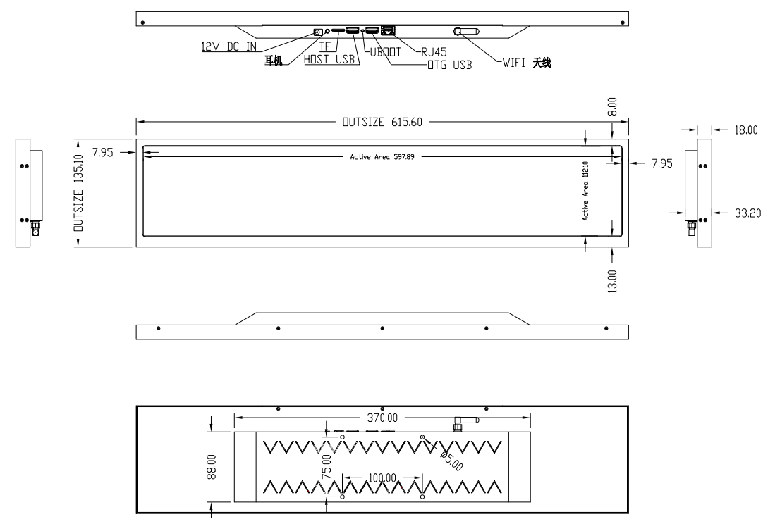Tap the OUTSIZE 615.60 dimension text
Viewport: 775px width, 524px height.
click(382, 122)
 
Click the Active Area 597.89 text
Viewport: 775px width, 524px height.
click(382, 157)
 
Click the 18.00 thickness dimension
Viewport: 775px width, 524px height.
click(745, 130)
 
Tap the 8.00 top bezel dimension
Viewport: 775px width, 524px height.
click(612, 106)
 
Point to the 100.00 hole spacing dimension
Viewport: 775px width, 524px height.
click(382, 478)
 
